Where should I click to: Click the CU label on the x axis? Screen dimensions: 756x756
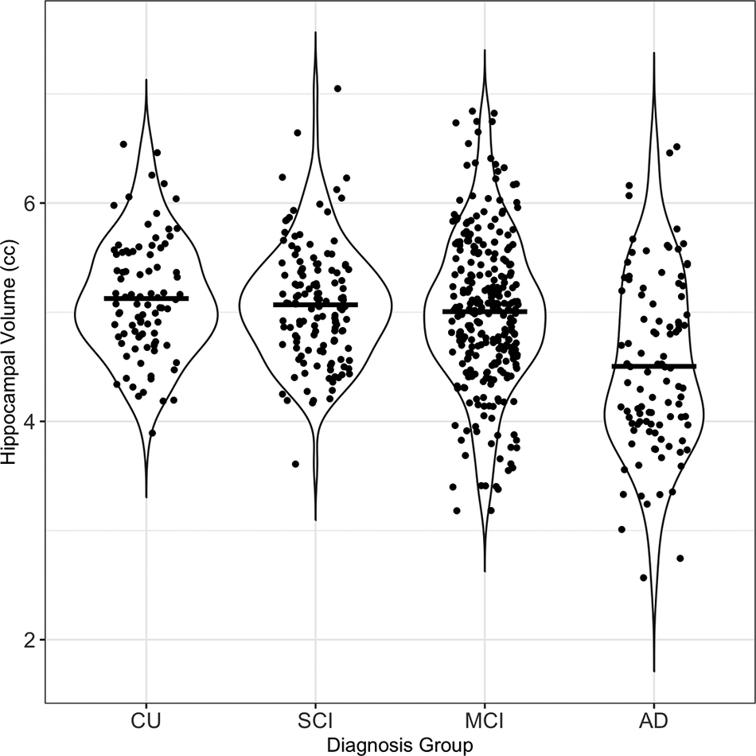point(146,723)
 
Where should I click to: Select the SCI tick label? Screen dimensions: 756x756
point(315,723)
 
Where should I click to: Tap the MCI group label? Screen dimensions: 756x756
point(485,723)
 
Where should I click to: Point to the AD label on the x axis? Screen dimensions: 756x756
point(653,723)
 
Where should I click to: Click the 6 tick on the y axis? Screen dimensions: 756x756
point(31,203)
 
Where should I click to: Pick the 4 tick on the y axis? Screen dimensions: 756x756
point(31,421)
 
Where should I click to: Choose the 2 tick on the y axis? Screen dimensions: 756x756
point(31,640)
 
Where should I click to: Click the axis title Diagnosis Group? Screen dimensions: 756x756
point(399,745)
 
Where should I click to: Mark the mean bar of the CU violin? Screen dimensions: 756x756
point(146,298)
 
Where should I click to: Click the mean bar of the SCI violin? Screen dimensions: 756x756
point(315,305)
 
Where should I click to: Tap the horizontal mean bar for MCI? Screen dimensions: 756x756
point(485,311)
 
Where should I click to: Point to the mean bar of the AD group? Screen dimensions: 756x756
point(653,366)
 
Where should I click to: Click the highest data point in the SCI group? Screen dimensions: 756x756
point(337,88)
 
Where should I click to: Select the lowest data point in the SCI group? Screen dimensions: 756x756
point(296,464)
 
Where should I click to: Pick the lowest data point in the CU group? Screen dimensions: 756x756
point(152,433)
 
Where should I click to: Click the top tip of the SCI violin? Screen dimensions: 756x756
point(315,33)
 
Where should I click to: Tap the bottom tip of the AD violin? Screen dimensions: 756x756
point(653,671)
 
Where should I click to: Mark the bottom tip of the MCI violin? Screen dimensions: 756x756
point(485,571)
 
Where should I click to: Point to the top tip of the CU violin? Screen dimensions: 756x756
point(146,80)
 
